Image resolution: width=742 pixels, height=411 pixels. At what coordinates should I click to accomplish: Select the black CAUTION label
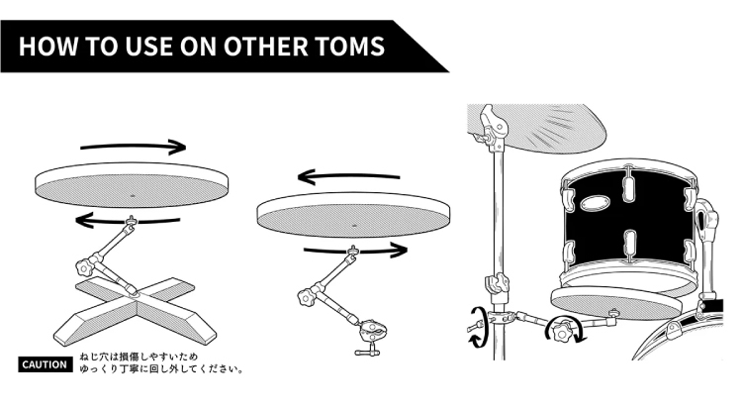46,364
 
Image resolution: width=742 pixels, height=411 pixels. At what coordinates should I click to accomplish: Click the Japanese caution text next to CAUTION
161,362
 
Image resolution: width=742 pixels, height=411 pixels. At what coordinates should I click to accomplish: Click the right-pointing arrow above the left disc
133,147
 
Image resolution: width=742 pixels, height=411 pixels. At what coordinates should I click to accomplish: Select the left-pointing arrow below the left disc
128,220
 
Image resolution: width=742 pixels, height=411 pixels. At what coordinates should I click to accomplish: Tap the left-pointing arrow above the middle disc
349,177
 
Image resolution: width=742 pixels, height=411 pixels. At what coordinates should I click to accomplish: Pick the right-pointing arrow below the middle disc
356,250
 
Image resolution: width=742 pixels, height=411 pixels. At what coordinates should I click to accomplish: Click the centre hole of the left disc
132,195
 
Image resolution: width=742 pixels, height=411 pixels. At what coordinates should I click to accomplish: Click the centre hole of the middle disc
355,226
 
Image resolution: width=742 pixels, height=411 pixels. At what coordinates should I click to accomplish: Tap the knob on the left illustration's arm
84,268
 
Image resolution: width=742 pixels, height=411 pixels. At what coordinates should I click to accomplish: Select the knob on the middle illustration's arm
307,298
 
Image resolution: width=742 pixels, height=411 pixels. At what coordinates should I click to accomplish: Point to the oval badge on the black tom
594,204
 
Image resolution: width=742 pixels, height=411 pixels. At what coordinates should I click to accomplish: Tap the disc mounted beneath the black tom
615,302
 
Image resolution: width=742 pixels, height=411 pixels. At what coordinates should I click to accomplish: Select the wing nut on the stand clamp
475,326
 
